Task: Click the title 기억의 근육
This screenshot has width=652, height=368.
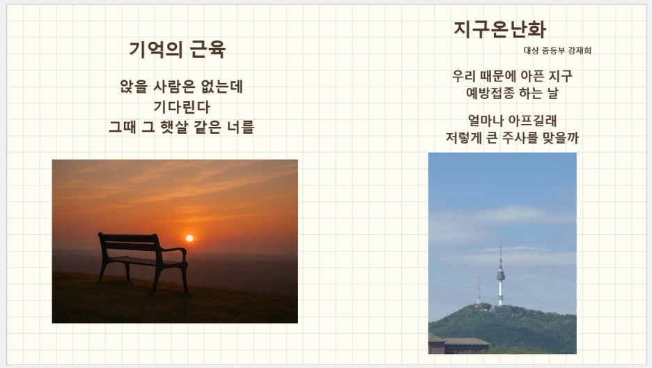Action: (177, 49)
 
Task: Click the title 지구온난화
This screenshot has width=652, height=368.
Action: (499, 29)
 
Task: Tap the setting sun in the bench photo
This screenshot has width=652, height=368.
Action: (189, 238)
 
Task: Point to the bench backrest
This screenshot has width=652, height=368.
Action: (129, 241)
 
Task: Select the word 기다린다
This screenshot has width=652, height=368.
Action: (182, 107)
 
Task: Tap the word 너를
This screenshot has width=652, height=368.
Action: (240, 127)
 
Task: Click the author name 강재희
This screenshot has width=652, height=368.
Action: (580, 51)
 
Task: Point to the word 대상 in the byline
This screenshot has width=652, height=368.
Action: (531, 51)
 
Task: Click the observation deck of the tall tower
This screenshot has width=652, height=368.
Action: (501, 275)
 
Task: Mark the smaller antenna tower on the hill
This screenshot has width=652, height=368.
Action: (479, 293)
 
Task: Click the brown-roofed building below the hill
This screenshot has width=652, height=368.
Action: (459, 345)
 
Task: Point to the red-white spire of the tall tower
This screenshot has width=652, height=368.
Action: (500, 256)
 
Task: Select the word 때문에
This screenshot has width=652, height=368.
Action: (498, 76)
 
